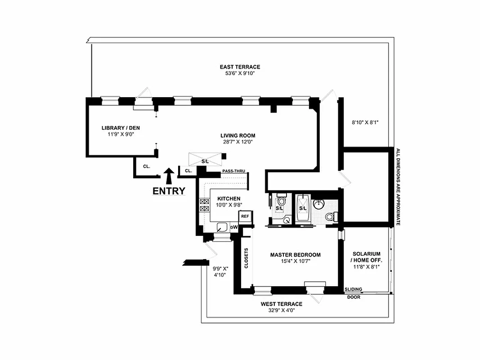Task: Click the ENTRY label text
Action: click(169, 191)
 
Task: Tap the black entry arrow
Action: click(169, 174)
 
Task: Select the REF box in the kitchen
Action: click(245, 216)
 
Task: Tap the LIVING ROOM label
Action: click(238, 135)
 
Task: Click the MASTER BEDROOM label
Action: click(295, 255)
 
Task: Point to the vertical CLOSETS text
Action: click(247, 259)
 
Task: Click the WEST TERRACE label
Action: click(281, 304)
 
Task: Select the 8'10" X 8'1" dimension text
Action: click(365, 121)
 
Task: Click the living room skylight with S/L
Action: click(205, 159)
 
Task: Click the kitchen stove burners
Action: click(203, 205)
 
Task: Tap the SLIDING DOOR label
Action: click(353, 293)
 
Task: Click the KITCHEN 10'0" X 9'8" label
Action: click(229, 202)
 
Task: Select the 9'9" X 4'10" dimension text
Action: click(220, 272)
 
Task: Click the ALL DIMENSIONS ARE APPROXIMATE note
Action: click(398, 187)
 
